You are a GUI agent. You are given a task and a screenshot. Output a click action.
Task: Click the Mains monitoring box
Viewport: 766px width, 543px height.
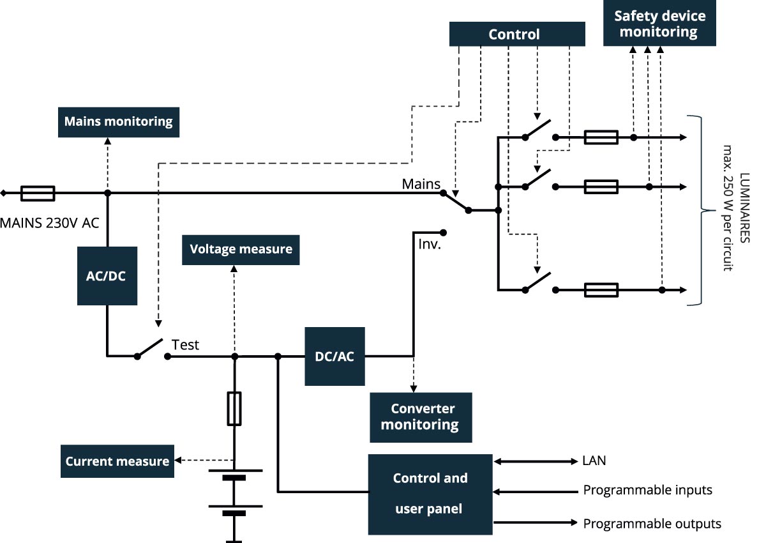tap(118, 121)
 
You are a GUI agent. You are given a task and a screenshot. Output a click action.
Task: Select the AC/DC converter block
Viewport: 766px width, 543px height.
tap(107, 275)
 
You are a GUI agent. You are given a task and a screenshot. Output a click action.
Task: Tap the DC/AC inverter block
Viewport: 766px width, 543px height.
tap(334, 356)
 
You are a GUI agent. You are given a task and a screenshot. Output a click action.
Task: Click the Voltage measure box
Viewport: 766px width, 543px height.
tap(241, 249)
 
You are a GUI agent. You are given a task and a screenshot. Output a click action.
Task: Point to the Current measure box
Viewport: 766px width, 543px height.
tap(117, 461)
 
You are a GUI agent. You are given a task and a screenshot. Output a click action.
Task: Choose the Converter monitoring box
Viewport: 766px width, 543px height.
tap(421, 417)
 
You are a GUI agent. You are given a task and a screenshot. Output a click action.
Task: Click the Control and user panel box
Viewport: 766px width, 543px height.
tap(430, 494)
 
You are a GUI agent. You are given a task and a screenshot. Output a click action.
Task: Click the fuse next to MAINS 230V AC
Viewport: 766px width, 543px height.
tap(38, 193)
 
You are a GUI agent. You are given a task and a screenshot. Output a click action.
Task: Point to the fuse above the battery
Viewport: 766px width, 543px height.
tap(234, 409)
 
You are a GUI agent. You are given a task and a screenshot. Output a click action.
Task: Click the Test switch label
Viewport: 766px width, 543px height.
tap(185, 345)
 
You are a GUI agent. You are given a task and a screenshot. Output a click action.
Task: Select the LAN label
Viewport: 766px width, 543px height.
tap(594, 461)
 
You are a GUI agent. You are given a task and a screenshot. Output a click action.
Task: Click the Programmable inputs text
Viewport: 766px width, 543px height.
tap(647, 491)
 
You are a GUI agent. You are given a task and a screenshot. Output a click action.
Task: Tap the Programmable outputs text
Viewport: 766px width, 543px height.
tap(652, 524)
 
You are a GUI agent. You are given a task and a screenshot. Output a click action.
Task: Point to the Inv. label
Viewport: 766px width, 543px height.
tap(430, 244)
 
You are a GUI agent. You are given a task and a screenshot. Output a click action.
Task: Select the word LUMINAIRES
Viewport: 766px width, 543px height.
tap(745, 211)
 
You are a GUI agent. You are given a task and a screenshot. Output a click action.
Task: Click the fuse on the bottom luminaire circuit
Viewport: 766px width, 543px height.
tap(601, 290)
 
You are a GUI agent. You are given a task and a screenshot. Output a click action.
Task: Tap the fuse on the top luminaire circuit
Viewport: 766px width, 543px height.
tap(601, 137)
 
